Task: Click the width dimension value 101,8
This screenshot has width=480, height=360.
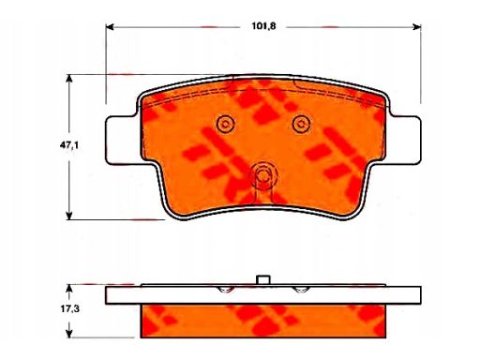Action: click(263, 26)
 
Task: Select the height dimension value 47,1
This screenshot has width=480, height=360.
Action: click(69, 145)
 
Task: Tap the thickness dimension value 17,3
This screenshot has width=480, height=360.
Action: click(69, 309)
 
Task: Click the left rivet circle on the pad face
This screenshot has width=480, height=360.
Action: click(225, 124)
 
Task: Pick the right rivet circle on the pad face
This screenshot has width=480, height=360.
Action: click(302, 124)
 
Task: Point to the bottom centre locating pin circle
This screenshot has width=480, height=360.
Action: click(263, 176)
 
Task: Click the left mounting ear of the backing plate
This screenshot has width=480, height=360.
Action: click(122, 140)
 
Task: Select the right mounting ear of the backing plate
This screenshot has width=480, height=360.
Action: click(405, 140)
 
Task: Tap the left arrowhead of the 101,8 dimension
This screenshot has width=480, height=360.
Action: click(110, 27)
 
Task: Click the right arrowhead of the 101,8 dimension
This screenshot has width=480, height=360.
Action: click(417, 27)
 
